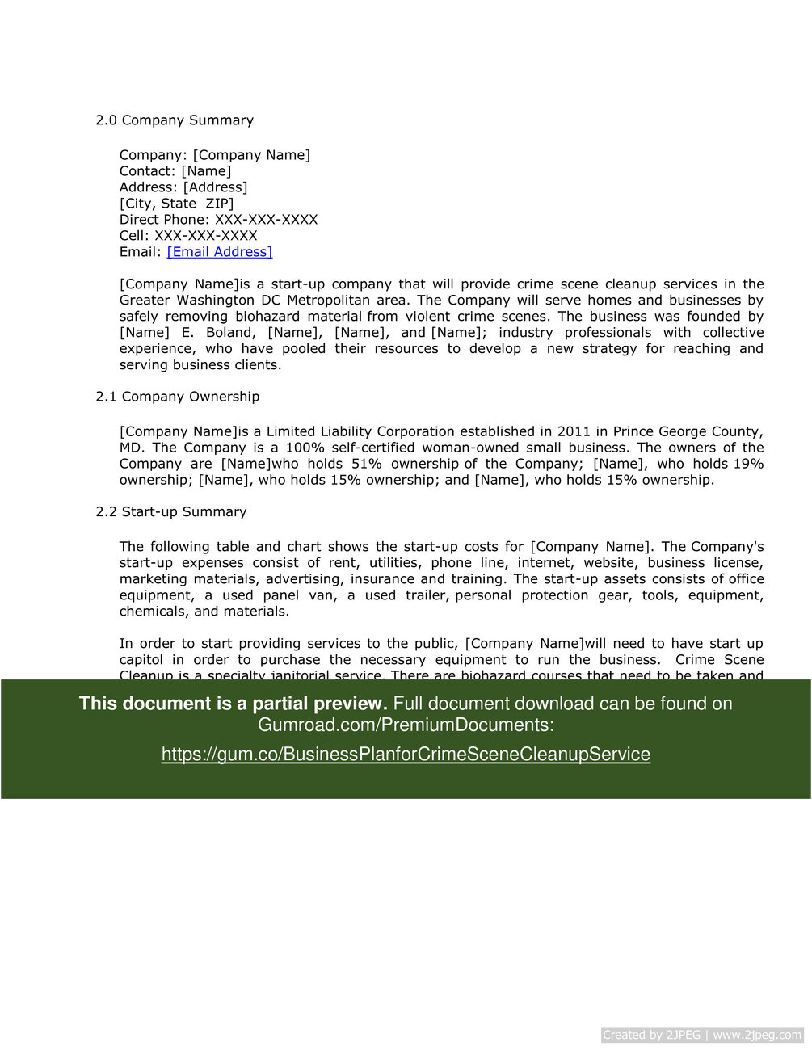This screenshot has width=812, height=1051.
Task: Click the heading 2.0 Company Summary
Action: tap(175, 120)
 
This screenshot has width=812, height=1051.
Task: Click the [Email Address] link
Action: tap(220, 252)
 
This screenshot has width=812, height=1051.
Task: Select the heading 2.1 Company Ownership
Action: tap(178, 397)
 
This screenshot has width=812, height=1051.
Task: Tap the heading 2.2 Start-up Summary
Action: tap(171, 512)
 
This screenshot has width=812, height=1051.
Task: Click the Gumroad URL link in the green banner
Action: tap(406, 755)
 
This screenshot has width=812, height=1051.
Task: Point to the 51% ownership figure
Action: tap(367, 464)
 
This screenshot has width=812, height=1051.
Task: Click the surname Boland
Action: tap(229, 333)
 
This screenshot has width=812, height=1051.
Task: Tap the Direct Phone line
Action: tap(218, 220)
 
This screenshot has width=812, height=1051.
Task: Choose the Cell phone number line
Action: tap(188, 236)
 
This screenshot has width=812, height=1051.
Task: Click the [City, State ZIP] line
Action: tap(176, 204)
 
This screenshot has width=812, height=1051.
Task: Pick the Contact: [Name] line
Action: tap(175, 171)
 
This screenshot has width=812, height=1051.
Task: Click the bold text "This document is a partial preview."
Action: tap(233, 704)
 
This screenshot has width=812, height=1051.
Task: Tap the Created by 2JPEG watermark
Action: tap(702, 1035)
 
